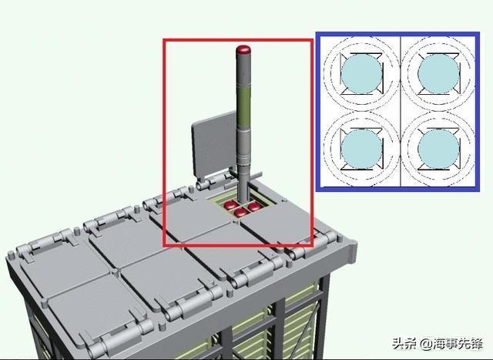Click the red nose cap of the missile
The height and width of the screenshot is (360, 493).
pos(243,49)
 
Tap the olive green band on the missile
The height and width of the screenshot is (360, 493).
pos(243,107)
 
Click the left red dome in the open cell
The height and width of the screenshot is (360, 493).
pos(230,206)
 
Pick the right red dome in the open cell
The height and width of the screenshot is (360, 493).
pos(254,207)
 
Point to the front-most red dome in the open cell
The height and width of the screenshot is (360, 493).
pos(241,213)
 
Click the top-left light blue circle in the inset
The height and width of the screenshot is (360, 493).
pos(361,73)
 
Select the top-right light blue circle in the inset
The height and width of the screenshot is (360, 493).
pos(438,73)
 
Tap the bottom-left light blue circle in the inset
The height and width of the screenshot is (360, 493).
pos(361,149)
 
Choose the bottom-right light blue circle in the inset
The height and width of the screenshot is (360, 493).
pos(438,149)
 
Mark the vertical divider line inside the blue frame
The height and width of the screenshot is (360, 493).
pos(401,111)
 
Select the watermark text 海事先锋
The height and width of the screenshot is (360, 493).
pos(458,344)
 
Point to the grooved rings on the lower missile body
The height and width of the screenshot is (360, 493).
pos(243,159)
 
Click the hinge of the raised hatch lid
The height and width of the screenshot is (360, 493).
pos(214,180)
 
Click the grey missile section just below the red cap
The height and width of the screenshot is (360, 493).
pos(243,71)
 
